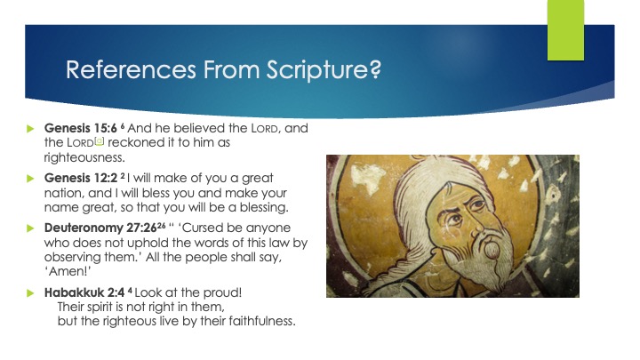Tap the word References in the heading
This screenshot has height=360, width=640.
[x=121, y=70]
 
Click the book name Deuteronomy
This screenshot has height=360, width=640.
[x=84, y=228]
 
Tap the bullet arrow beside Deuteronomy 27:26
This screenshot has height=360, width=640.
[x=28, y=228]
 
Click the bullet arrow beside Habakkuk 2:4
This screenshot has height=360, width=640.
[x=28, y=292]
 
